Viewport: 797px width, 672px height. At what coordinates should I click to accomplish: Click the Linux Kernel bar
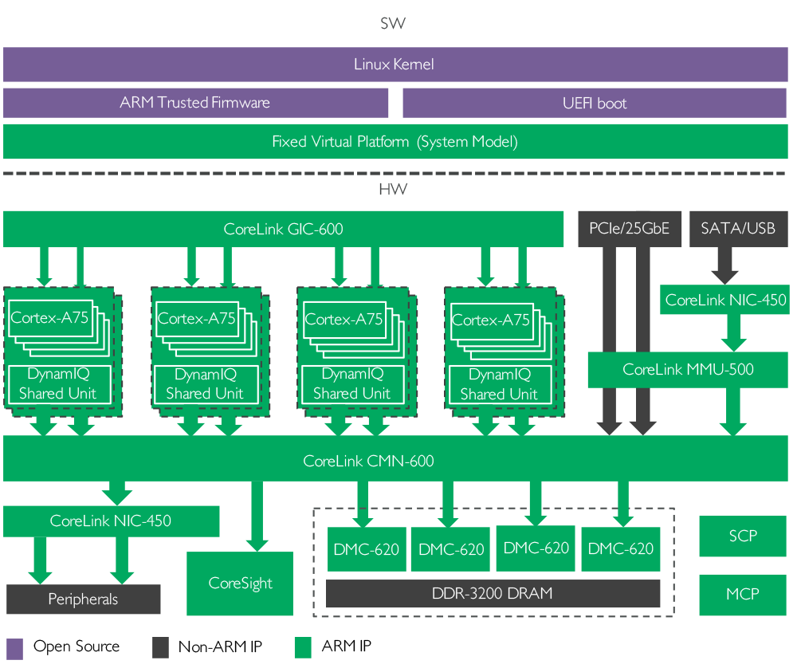[x=395, y=65]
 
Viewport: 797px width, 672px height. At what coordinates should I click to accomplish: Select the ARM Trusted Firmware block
[x=195, y=103]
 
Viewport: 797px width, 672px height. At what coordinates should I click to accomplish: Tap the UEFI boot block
[x=595, y=103]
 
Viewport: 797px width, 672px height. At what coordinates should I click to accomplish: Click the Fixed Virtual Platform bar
[x=395, y=142]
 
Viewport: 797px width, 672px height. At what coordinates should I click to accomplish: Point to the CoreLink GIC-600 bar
[x=283, y=229]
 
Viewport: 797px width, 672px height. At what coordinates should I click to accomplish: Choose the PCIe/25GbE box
[x=629, y=229]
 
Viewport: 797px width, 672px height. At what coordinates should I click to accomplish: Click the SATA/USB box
[x=737, y=229]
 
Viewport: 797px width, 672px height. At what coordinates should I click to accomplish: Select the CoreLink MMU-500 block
[x=688, y=369]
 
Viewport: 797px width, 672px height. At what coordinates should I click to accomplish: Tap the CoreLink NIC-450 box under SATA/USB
[x=725, y=300]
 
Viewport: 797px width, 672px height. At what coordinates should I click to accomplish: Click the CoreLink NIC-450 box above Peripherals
[x=111, y=521]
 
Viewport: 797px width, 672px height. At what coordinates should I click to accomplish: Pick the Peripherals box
[x=83, y=599]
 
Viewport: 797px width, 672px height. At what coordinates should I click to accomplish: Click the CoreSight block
[x=240, y=584]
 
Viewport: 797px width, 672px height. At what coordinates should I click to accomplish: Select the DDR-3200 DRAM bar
[x=493, y=594]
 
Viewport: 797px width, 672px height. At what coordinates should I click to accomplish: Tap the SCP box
[x=742, y=536]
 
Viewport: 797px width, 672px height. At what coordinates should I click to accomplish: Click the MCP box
[x=742, y=595]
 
